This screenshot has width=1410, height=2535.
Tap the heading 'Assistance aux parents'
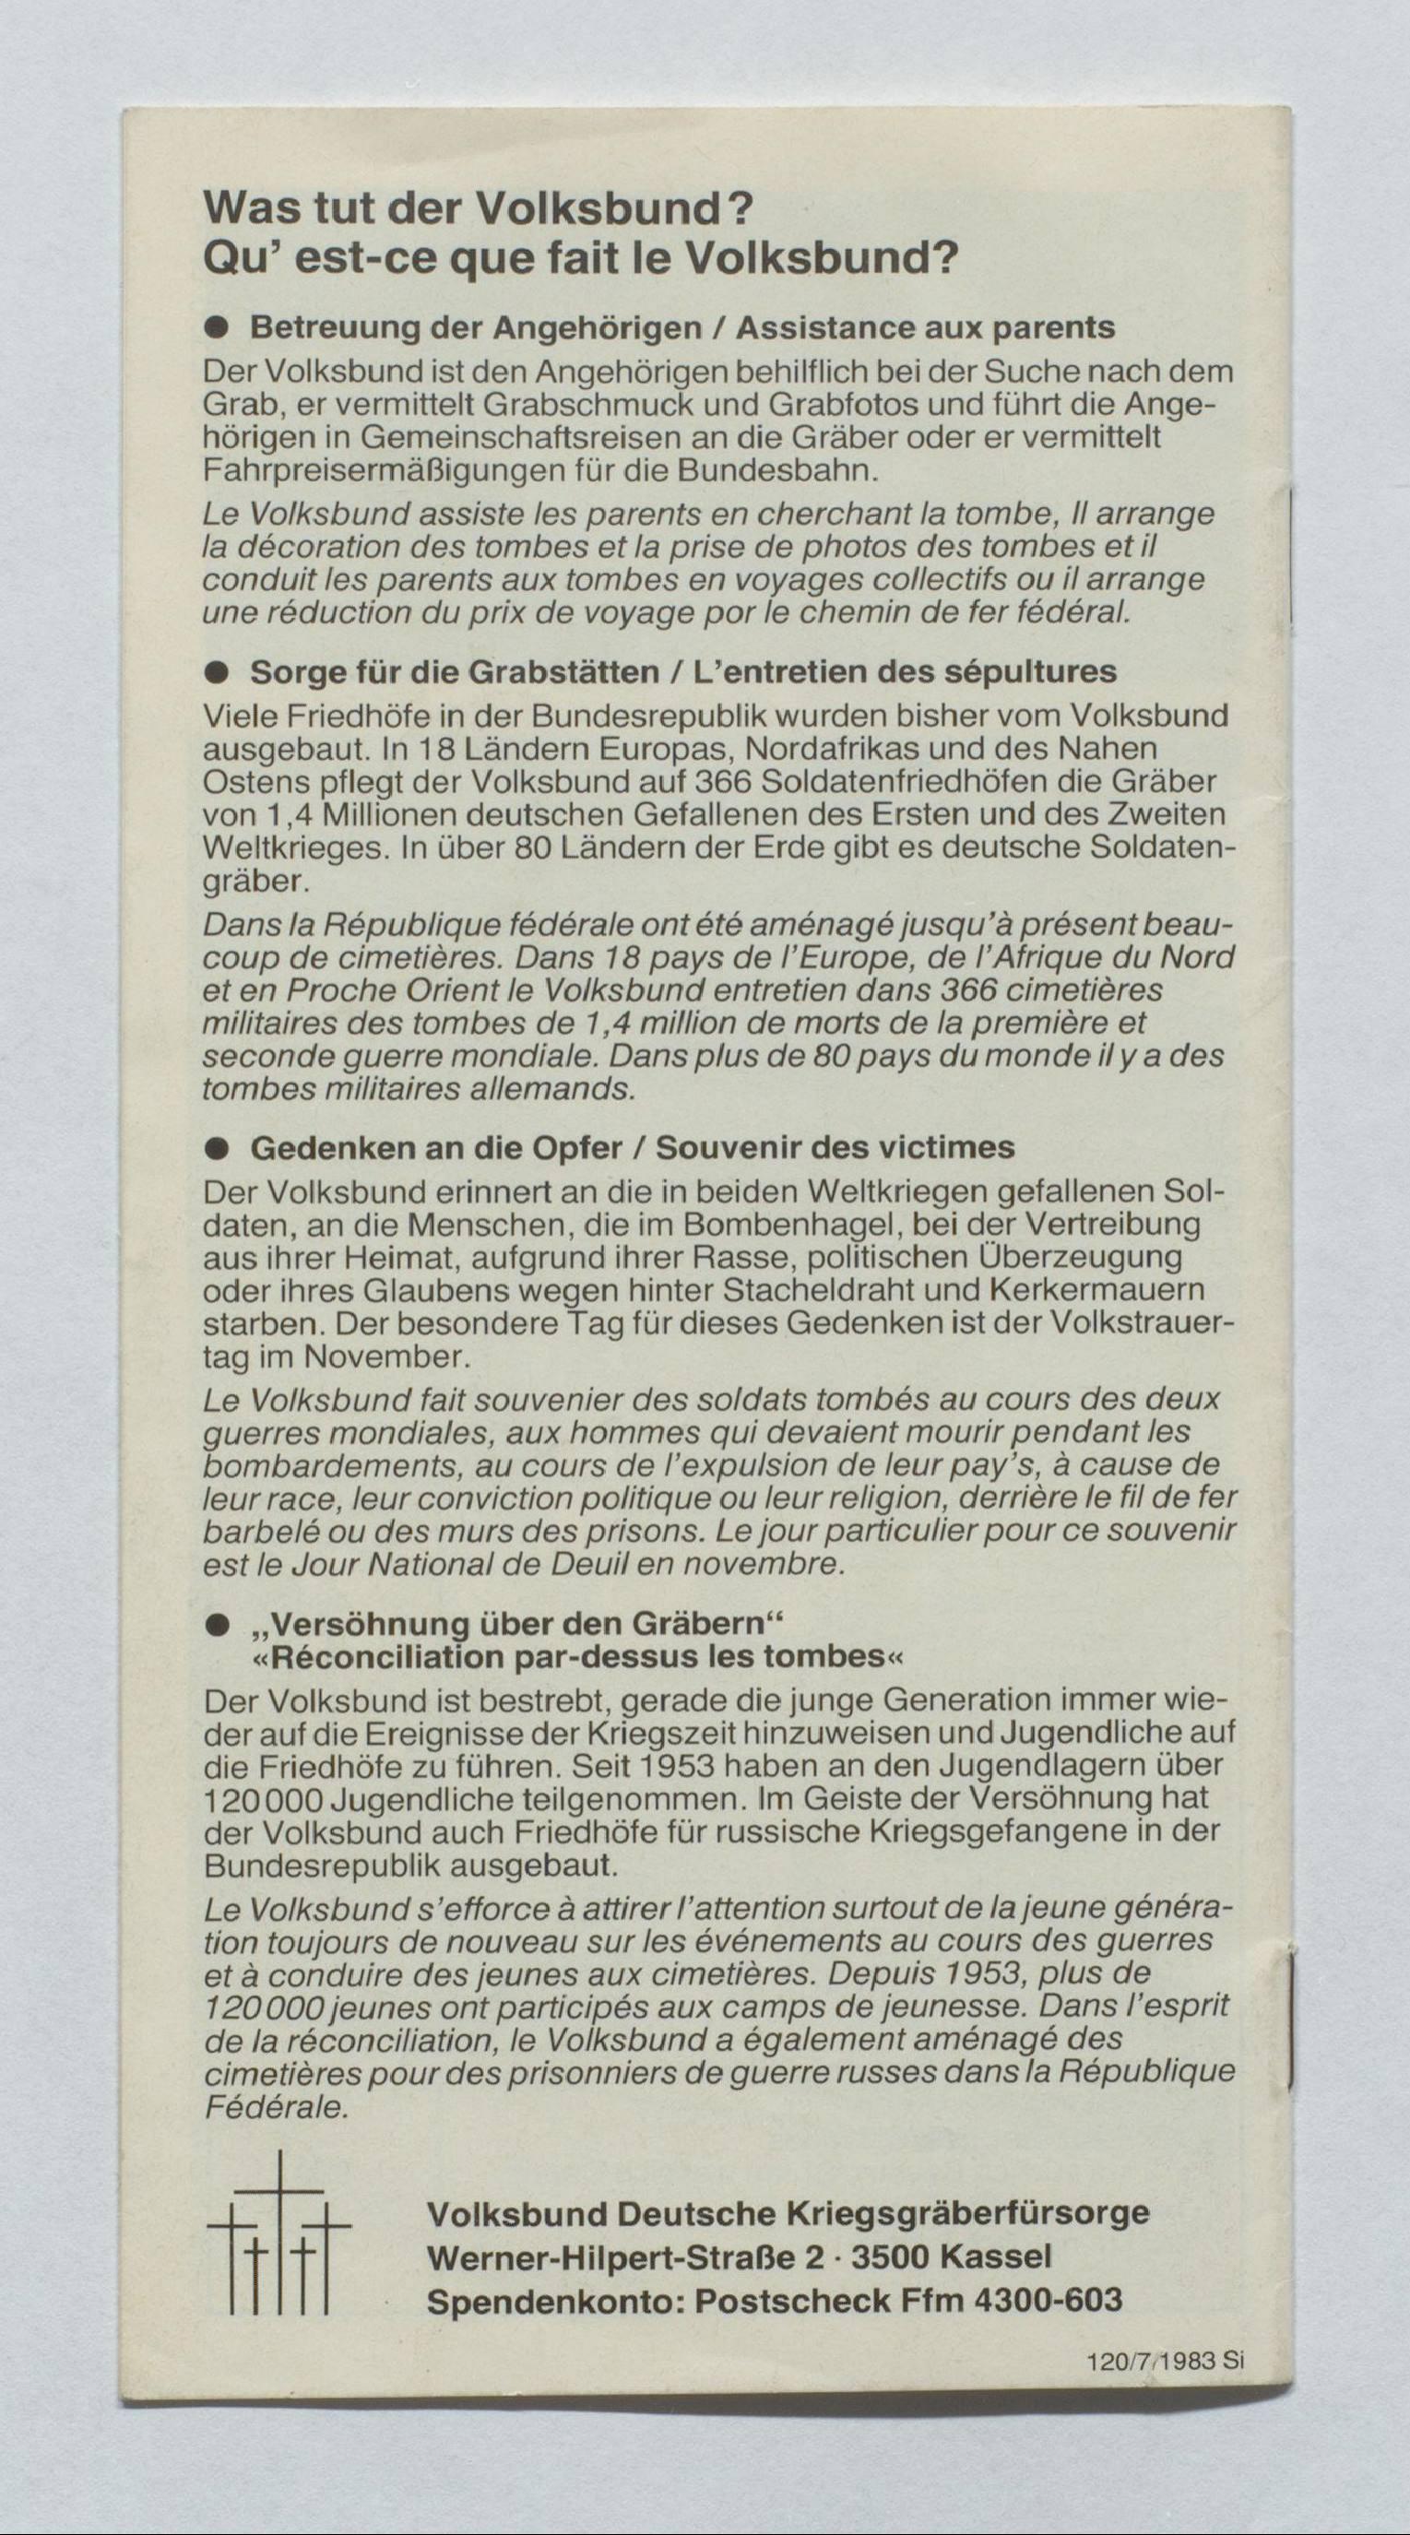pos(925,326)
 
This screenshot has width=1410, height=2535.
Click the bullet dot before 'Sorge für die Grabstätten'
pos(217,673)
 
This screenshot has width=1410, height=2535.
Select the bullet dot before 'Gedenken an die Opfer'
pos(217,1148)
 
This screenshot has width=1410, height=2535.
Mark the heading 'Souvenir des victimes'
pos(835,1148)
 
